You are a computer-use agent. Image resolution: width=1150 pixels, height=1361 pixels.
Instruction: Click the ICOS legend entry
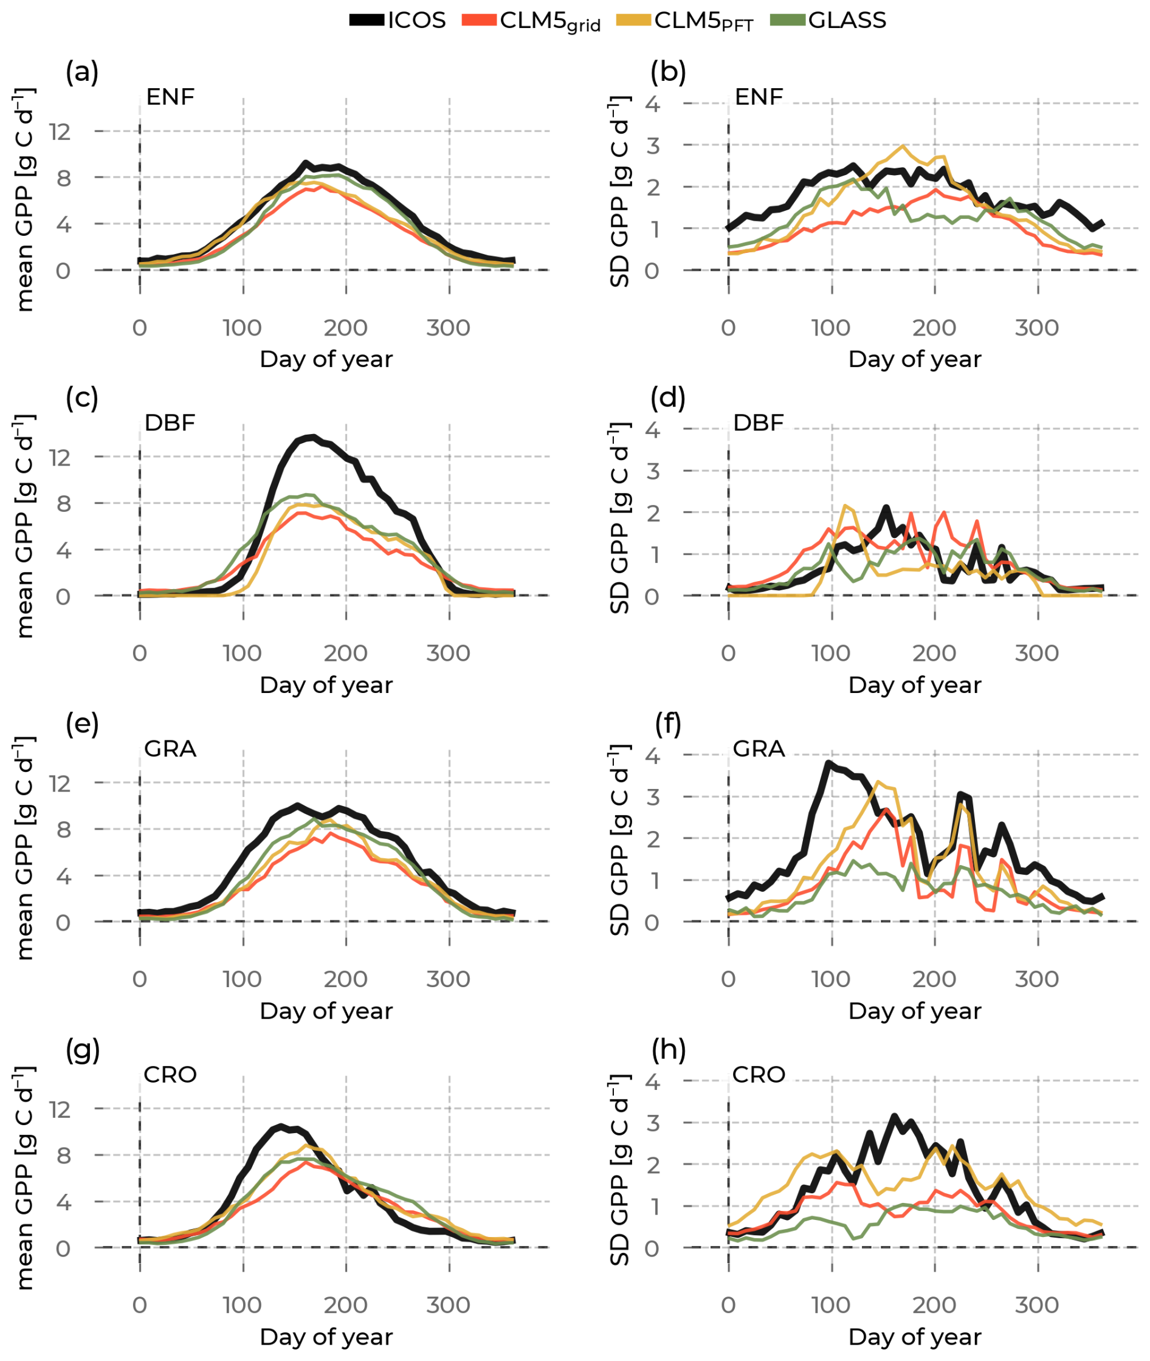point(398,20)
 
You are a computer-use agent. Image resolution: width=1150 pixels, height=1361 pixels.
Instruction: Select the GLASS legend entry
point(828,20)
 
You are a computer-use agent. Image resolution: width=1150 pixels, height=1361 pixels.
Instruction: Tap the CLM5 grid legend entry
point(531,21)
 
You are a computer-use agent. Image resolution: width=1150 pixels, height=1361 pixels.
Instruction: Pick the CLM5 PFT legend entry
point(684,21)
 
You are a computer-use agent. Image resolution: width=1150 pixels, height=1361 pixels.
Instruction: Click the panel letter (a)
point(82,71)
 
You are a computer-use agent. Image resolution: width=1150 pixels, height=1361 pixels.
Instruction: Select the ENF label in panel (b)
point(759,97)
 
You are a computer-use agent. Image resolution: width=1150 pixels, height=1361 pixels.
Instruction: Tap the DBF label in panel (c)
point(170,422)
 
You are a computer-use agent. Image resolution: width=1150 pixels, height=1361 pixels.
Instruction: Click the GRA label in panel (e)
point(170,748)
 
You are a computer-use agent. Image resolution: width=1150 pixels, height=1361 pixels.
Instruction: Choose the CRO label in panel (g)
point(170,1074)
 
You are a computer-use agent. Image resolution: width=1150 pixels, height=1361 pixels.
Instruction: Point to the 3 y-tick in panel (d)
point(653,470)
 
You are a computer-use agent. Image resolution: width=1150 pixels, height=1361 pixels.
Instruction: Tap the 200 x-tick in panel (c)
point(345,652)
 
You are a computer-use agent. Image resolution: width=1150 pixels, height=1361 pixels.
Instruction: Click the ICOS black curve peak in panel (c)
point(314,438)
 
